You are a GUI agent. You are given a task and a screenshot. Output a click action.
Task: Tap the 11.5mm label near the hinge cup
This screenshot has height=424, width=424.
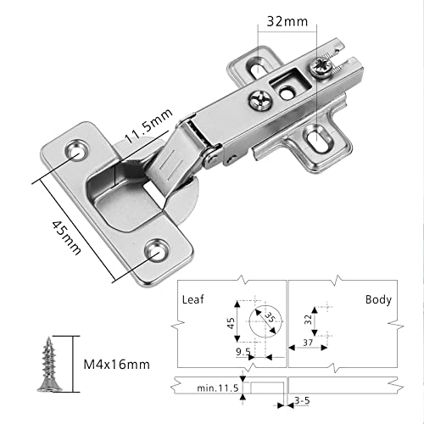click(x=150, y=126)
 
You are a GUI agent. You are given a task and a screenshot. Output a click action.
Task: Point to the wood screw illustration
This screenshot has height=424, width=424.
click(x=47, y=364)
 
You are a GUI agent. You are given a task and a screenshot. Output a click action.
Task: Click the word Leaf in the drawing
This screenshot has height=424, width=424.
click(x=194, y=299)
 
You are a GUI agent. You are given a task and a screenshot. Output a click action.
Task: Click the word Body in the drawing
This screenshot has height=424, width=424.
click(x=377, y=299)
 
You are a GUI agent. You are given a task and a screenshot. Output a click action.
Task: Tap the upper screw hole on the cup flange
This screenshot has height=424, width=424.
click(x=79, y=149)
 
